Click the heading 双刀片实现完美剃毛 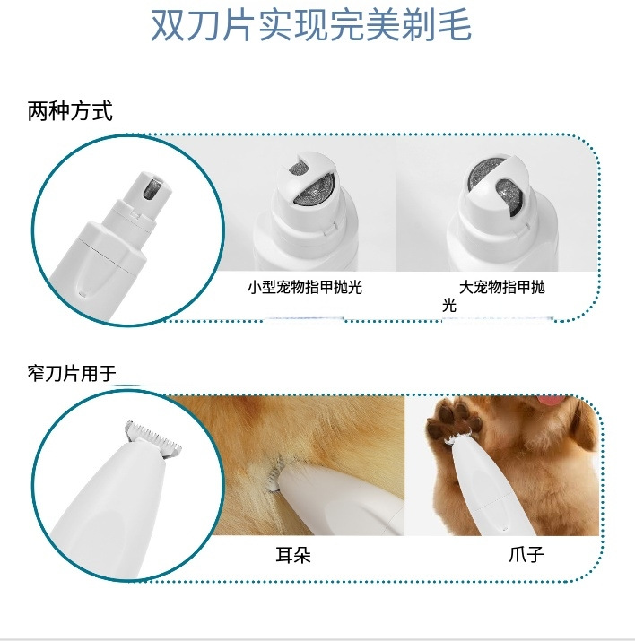coord(311,24)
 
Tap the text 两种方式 coord(70,111)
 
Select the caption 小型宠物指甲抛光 coord(305,287)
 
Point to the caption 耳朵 coord(293,555)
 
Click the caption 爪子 coord(526,554)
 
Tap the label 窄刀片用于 coord(72,373)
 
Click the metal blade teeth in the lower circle coord(153,437)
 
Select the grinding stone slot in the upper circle coord(152,189)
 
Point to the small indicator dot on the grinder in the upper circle coord(83,293)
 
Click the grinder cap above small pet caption coord(308,188)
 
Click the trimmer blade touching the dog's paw coord(457,438)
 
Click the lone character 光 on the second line coord(449,305)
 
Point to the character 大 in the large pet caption coord(466,288)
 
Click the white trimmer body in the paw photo coord(491,487)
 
